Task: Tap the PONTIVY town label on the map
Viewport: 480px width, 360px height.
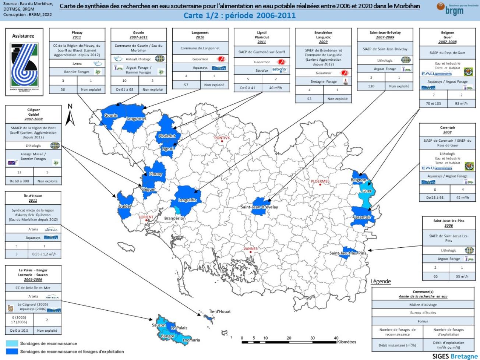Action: tap(222, 138)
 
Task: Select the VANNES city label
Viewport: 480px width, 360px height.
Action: tap(250, 249)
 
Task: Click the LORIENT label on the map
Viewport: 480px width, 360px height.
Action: tap(146, 217)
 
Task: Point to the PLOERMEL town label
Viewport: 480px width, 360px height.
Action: tap(320, 181)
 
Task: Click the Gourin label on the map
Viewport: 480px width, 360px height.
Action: tap(111, 115)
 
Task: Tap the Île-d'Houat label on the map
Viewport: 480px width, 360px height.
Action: tap(220, 311)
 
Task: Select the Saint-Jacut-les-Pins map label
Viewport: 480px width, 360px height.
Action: tap(348, 253)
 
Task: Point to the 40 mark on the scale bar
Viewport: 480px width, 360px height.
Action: tap(336, 338)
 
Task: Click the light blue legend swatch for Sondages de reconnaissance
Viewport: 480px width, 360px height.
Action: tap(12, 343)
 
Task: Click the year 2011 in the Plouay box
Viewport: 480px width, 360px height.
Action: tap(77, 37)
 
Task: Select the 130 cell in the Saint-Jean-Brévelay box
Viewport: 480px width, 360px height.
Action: tap(371, 86)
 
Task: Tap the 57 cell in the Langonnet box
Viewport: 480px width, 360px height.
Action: tap(186, 85)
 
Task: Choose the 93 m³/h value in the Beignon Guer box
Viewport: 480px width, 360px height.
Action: tap(461, 103)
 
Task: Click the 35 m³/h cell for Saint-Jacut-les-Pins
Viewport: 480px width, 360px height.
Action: tap(462, 276)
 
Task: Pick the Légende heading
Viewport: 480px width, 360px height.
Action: tap(381, 281)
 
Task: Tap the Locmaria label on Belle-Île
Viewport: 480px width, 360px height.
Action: tap(191, 340)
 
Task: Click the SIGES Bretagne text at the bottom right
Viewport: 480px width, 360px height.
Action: tap(455, 356)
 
